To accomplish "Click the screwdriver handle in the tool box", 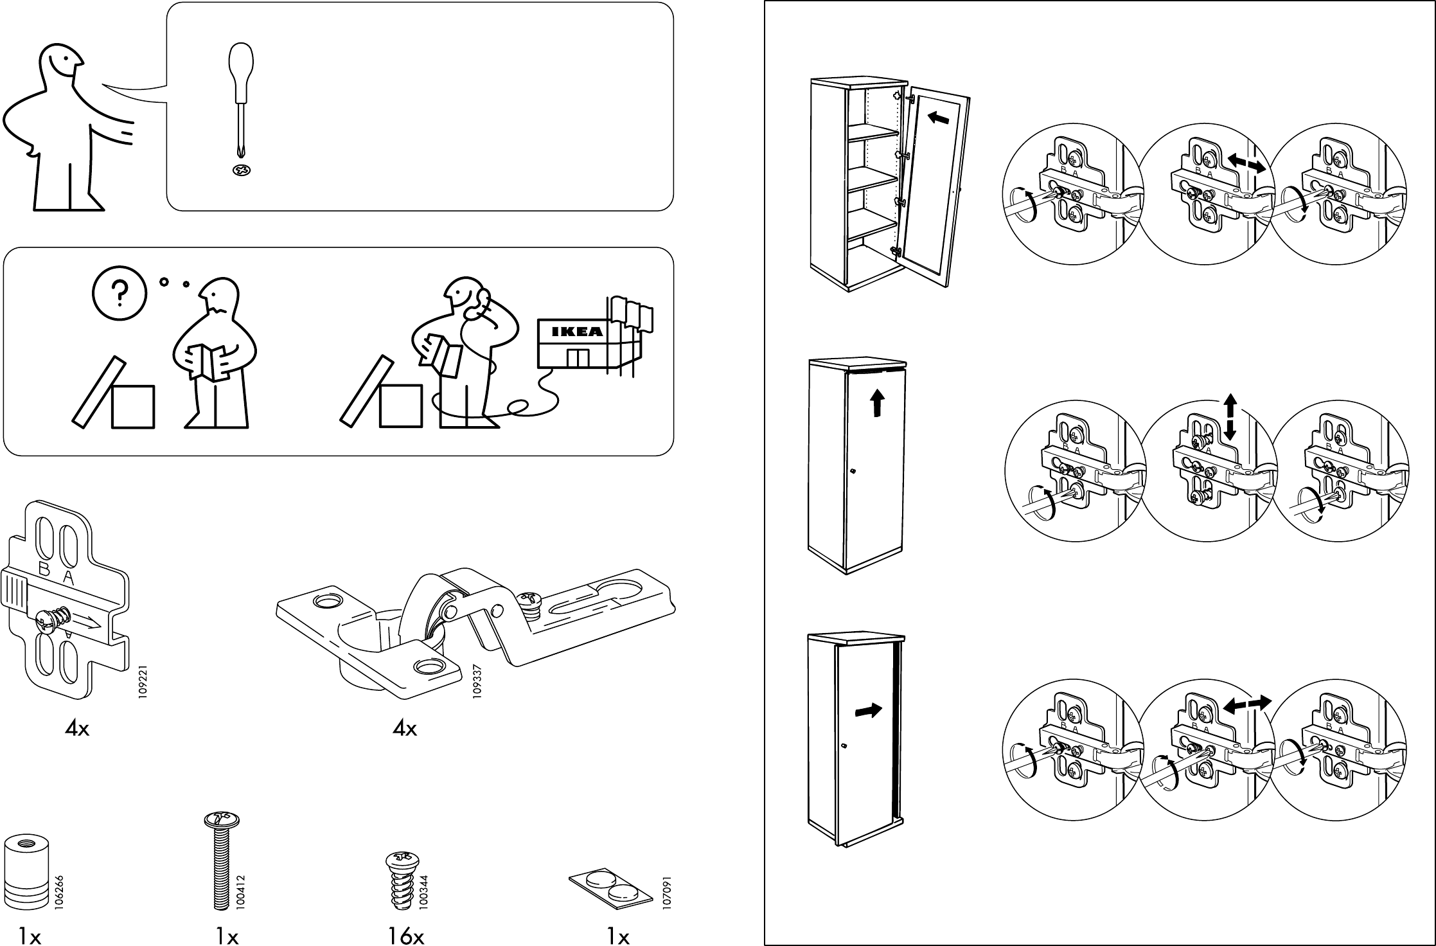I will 241,71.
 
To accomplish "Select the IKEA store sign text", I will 578,332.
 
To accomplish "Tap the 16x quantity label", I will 406,938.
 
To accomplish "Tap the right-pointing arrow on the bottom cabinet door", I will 869,711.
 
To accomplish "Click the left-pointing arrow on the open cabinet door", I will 939,118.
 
